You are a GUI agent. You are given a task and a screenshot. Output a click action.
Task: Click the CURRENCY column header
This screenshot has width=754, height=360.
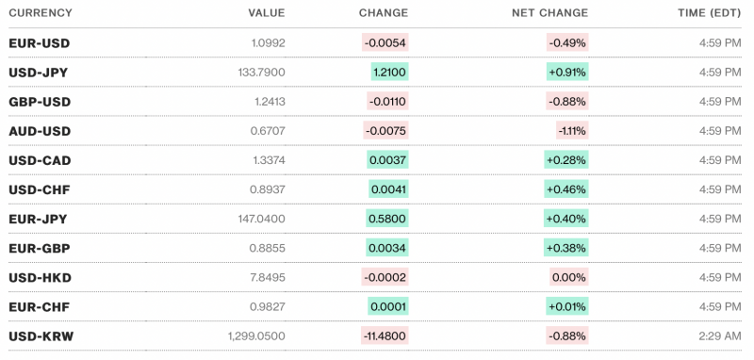point(41,13)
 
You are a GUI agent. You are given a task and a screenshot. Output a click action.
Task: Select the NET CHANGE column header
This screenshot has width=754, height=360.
point(549,13)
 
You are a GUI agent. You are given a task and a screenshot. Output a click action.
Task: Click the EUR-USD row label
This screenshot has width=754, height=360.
point(39,43)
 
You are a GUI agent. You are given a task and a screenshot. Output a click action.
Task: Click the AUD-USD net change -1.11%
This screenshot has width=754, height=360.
point(570,131)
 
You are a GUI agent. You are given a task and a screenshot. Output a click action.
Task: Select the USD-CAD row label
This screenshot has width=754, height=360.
point(40,160)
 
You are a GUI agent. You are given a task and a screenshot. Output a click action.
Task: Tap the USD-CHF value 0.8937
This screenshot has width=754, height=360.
point(267,189)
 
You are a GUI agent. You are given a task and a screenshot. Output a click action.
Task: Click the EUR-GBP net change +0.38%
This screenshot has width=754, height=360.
point(565,248)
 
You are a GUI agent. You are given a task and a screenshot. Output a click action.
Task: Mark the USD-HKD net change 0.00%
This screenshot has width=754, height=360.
point(568,277)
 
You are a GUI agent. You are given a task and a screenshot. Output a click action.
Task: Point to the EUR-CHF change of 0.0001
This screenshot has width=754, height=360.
point(388,306)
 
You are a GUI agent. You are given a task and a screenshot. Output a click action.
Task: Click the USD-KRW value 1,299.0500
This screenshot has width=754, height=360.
point(256,335)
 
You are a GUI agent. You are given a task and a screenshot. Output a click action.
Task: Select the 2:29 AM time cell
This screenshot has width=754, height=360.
point(718,335)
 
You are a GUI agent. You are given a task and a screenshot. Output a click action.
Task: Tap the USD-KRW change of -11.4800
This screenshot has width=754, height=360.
point(385,335)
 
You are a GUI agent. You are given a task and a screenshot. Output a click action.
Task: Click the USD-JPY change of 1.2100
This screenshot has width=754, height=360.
point(388,73)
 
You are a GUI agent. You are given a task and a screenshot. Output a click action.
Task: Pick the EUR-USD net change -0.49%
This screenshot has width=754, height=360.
point(567,43)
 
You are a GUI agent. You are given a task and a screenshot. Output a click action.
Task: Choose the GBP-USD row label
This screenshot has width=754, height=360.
point(40,102)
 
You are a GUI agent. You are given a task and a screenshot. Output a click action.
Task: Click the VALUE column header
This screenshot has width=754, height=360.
point(266,13)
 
